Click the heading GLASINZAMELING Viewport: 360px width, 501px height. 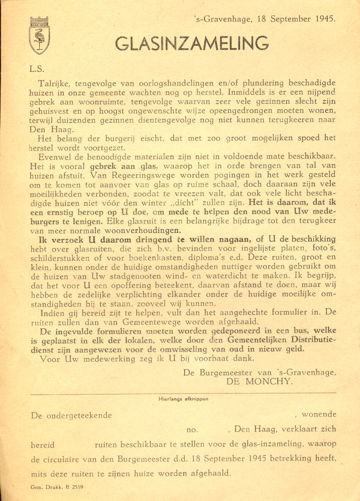coord(192,43)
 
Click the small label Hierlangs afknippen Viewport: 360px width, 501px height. coord(183,398)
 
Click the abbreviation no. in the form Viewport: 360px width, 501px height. coord(192,430)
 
